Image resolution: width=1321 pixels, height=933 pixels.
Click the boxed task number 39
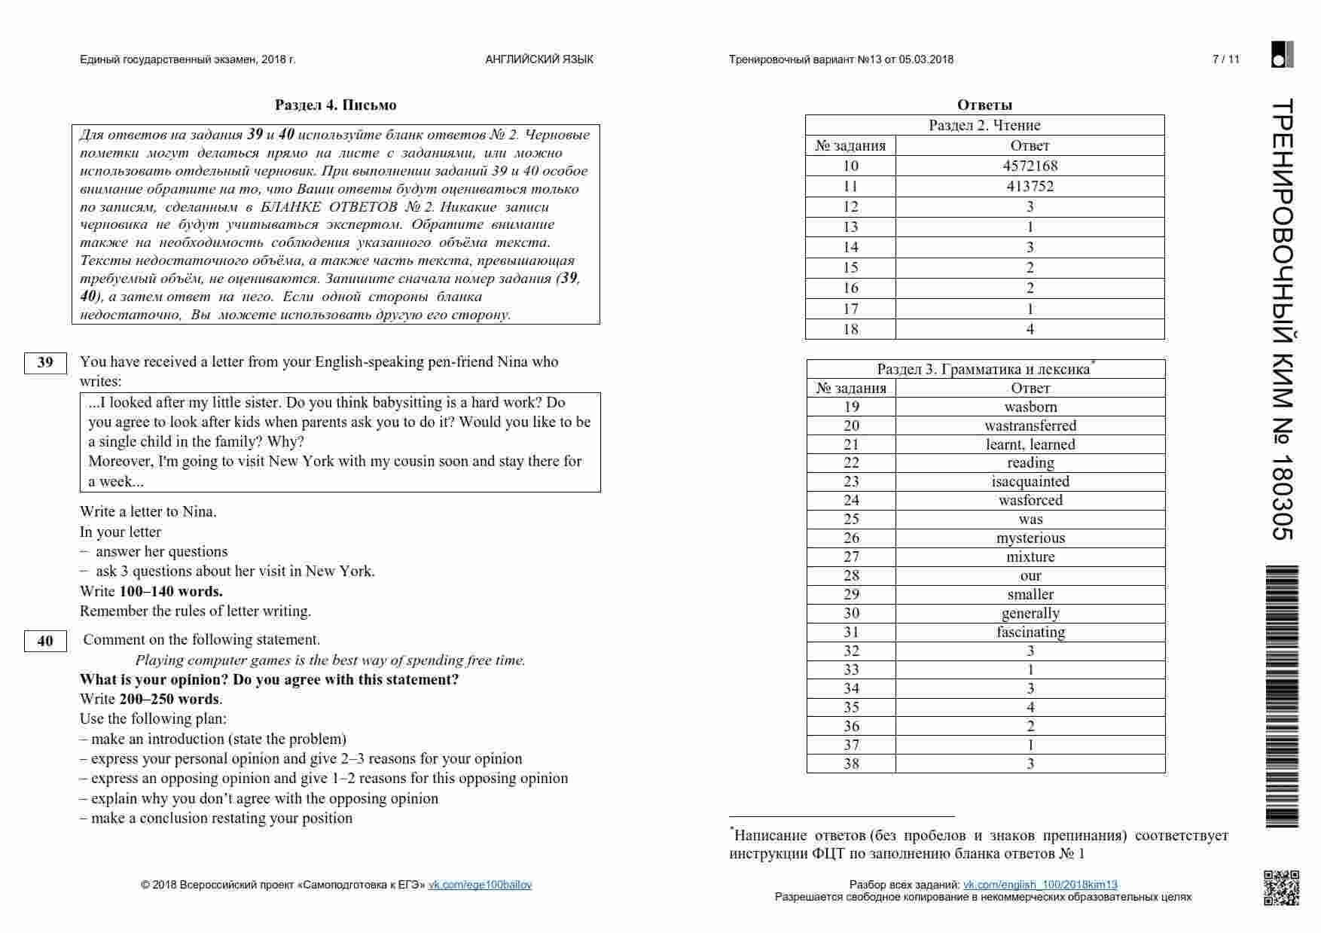coord(45,362)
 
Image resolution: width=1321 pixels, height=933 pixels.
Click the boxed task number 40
coord(45,641)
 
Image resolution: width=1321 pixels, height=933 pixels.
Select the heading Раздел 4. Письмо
coord(335,105)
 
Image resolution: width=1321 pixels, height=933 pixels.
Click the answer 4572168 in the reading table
coord(1030,166)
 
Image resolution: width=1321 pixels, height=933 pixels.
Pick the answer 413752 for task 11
coord(1030,186)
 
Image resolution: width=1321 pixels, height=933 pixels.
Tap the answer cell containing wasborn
coord(1030,407)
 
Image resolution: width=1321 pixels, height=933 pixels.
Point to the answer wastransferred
coord(1030,425)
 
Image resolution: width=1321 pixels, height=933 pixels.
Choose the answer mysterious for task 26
coord(1030,538)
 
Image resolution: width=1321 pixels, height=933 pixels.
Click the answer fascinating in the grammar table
coord(1030,632)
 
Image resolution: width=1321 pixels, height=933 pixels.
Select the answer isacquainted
coord(1030,481)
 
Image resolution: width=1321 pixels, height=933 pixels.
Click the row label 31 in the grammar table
coord(851,632)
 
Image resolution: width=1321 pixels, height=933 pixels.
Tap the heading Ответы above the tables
coord(984,105)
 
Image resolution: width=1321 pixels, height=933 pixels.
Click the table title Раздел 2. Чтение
coord(984,125)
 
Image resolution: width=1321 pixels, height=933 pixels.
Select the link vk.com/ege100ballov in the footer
coord(480,885)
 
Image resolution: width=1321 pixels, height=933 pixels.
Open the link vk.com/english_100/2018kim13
coord(1040,885)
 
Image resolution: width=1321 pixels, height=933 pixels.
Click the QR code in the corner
coord(1280,887)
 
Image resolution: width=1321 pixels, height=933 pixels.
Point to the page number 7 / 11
coord(1225,59)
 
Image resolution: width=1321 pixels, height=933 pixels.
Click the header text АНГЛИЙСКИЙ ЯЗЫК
coord(539,59)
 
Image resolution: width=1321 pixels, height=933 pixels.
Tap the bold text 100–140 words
coord(171,591)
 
